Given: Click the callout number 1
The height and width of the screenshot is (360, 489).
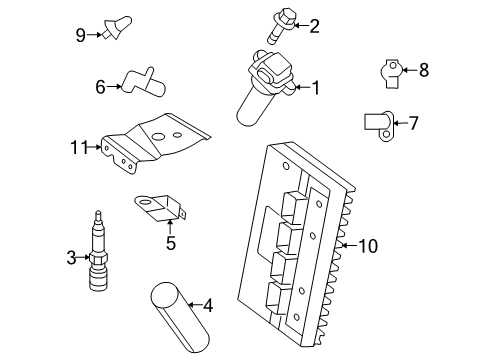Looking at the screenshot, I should pos(315,88).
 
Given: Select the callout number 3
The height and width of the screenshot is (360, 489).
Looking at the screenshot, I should pos(71,259).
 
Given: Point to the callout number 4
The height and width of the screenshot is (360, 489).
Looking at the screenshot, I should pos(208,305).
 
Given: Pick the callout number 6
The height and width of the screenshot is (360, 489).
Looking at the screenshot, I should pos(101,87).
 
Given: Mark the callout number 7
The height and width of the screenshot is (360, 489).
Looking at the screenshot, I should pos(413,124).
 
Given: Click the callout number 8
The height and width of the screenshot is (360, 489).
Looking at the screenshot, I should pos(423,70).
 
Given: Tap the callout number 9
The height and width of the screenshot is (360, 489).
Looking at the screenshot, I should pos(81,35).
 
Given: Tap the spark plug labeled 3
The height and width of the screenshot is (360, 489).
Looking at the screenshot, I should pos(99,257).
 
